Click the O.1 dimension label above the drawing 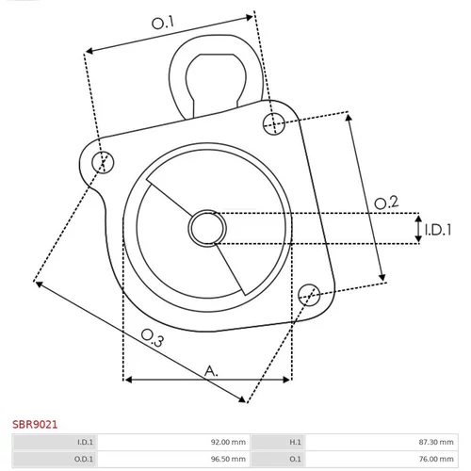[x=163, y=23]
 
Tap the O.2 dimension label [x=386, y=203]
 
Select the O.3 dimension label [x=153, y=338]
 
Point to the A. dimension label [x=211, y=371]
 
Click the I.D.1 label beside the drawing [x=438, y=230]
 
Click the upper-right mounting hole [x=274, y=123]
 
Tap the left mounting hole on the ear [x=103, y=162]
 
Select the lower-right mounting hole [x=309, y=295]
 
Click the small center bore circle [x=207, y=228]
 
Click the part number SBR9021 [x=35, y=425]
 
